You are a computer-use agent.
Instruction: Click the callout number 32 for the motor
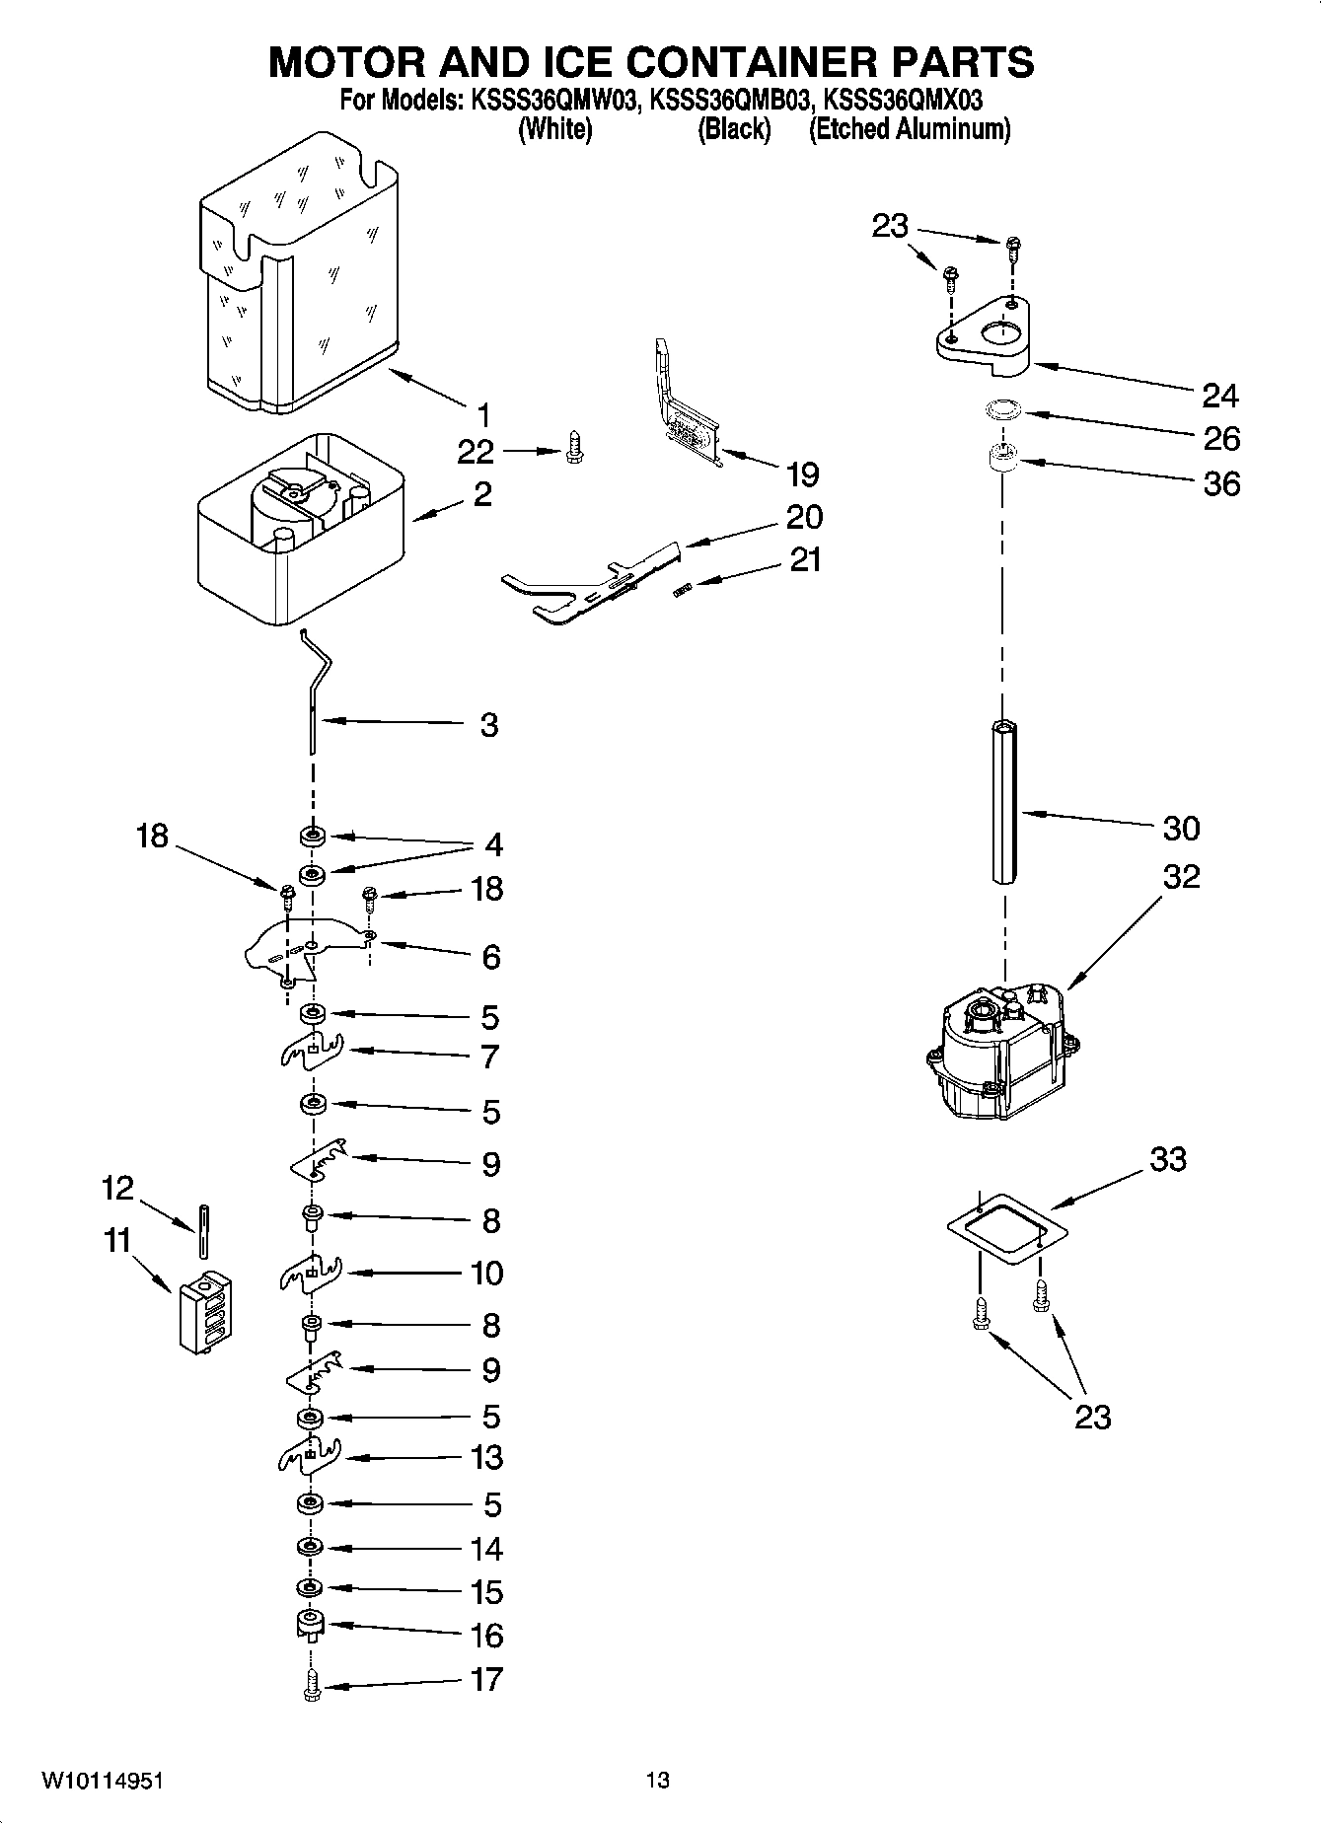pyautogui.click(x=1181, y=875)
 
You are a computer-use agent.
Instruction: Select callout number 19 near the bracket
pyautogui.click(x=802, y=474)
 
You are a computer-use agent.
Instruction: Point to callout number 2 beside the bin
pyautogui.click(x=481, y=493)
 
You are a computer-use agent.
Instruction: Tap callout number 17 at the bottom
pyautogui.click(x=486, y=1678)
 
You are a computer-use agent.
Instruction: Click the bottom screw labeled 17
pyautogui.click(x=312, y=1689)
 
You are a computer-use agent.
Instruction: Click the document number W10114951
pyautogui.click(x=103, y=1780)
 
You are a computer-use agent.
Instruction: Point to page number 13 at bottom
pyautogui.click(x=658, y=1780)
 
